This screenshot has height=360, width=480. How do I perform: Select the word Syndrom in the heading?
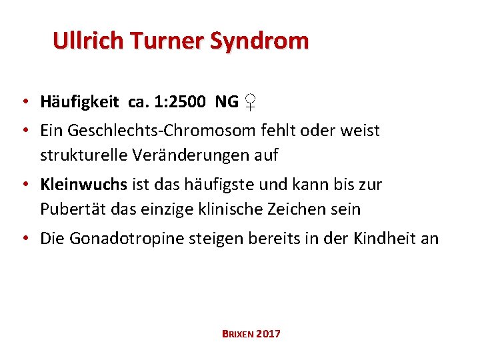260,41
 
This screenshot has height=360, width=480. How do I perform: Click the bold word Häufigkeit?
79,102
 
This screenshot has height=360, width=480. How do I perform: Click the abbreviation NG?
227,102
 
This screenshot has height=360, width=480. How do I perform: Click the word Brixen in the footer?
236,333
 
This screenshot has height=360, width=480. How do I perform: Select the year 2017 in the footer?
268,333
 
